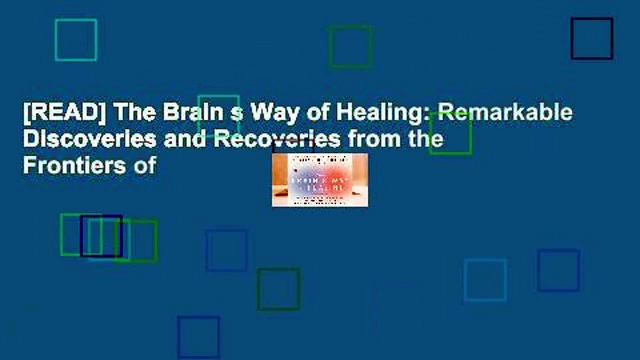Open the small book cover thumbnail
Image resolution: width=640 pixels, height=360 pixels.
319,180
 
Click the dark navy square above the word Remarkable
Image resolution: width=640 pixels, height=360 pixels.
592,38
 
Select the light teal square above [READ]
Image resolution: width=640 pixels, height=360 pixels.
76,40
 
